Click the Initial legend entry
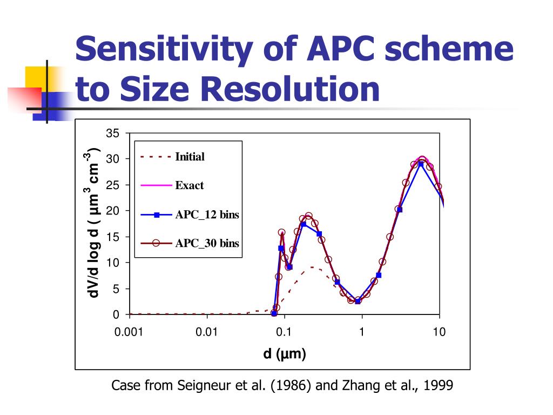point(190,157)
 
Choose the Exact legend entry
point(189,185)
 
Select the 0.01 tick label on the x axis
point(206,332)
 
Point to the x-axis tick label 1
point(362,332)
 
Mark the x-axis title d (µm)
point(285,354)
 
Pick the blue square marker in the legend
point(157,215)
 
